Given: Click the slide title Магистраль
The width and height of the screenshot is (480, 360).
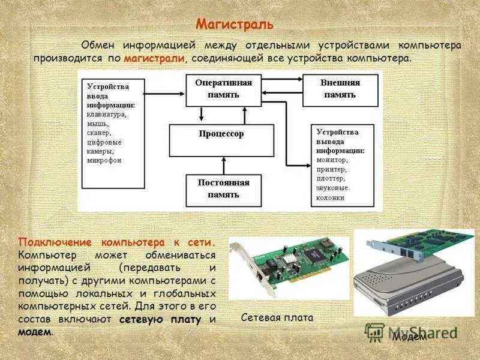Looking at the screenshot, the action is click(235, 25).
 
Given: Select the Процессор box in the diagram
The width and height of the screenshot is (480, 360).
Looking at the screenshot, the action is click(221, 134).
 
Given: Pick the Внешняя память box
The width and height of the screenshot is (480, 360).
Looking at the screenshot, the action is click(340, 88).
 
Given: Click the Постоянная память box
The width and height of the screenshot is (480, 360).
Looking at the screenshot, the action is click(224, 188).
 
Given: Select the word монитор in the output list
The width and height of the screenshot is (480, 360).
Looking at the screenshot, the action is click(332, 160).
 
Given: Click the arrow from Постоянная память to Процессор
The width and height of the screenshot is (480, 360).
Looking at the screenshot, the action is click(224, 166).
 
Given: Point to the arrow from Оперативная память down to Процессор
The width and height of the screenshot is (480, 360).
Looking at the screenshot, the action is click(202, 114).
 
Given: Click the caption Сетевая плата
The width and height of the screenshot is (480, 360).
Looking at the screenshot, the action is click(277, 317).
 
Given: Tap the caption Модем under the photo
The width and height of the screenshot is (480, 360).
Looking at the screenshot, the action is click(409, 337).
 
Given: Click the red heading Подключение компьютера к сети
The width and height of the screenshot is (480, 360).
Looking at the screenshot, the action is click(116, 242).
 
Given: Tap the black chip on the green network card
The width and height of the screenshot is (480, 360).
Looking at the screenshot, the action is click(313, 255).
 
